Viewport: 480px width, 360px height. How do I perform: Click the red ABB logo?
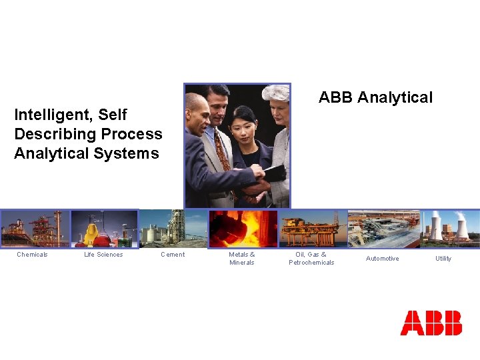click(x=431, y=323)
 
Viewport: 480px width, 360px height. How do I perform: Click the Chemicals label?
click(x=32, y=255)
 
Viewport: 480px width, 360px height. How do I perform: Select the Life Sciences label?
click(x=103, y=255)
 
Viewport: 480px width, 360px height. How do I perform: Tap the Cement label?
click(x=173, y=255)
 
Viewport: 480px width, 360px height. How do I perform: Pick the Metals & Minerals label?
click(x=241, y=259)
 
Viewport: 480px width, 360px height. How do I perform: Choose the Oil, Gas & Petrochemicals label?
click(x=311, y=259)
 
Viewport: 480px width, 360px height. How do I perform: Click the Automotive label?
click(x=383, y=259)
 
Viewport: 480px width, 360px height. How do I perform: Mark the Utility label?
click(x=443, y=259)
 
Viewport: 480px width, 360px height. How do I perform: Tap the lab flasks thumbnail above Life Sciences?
click(x=103, y=229)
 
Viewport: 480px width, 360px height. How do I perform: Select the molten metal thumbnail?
click(x=242, y=229)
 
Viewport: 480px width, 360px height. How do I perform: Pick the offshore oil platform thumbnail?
click(x=312, y=229)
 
